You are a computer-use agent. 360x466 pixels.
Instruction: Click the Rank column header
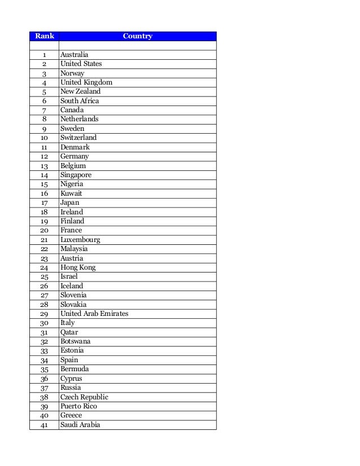point(44,36)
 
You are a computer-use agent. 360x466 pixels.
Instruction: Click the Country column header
point(137,36)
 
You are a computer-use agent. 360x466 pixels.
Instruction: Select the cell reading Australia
point(74,55)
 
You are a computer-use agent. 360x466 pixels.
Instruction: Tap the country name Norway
point(72,73)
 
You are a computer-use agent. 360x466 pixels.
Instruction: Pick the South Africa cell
point(80,101)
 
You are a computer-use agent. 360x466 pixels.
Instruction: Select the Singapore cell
point(76,175)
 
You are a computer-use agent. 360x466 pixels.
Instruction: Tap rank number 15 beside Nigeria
point(44,184)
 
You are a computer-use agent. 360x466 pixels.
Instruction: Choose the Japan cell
point(70,203)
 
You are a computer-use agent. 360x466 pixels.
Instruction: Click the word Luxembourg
point(80,240)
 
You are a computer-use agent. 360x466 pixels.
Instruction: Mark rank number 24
point(44,267)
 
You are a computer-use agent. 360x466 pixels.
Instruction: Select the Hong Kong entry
point(78,267)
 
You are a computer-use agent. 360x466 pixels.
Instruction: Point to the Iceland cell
point(72,286)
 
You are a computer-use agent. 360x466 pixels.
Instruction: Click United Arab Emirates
point(94,314)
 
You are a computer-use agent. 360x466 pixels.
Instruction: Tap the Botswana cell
point(76,341)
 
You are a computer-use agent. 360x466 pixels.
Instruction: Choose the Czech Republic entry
point(84,397)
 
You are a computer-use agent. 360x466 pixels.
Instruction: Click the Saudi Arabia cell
point(80,425)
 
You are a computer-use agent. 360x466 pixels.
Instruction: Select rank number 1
point(44,55)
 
